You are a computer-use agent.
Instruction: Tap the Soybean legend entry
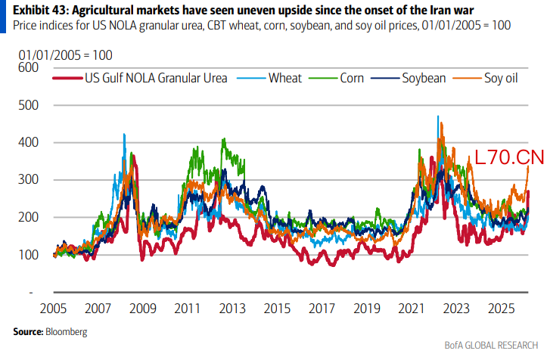tap(423, 78)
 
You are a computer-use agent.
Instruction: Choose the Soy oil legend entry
tap(501, 78)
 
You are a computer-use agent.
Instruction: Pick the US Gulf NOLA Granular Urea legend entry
tap(155, 78)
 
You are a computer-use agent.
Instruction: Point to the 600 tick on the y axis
tap(27, 68)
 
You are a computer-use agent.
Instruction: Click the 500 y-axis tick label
tap(27, 105)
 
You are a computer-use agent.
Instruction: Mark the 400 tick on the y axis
tap(27, 142)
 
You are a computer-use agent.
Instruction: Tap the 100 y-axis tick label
tap(27, 255)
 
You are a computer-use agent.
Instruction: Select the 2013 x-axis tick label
tap(233, 310)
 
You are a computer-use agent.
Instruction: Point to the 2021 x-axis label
tap(412, 310)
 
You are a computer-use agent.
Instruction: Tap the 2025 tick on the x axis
tap(502, 310)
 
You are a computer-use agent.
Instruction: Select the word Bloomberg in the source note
tap(67, 332)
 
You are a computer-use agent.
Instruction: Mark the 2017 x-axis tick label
tap(322, 310)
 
